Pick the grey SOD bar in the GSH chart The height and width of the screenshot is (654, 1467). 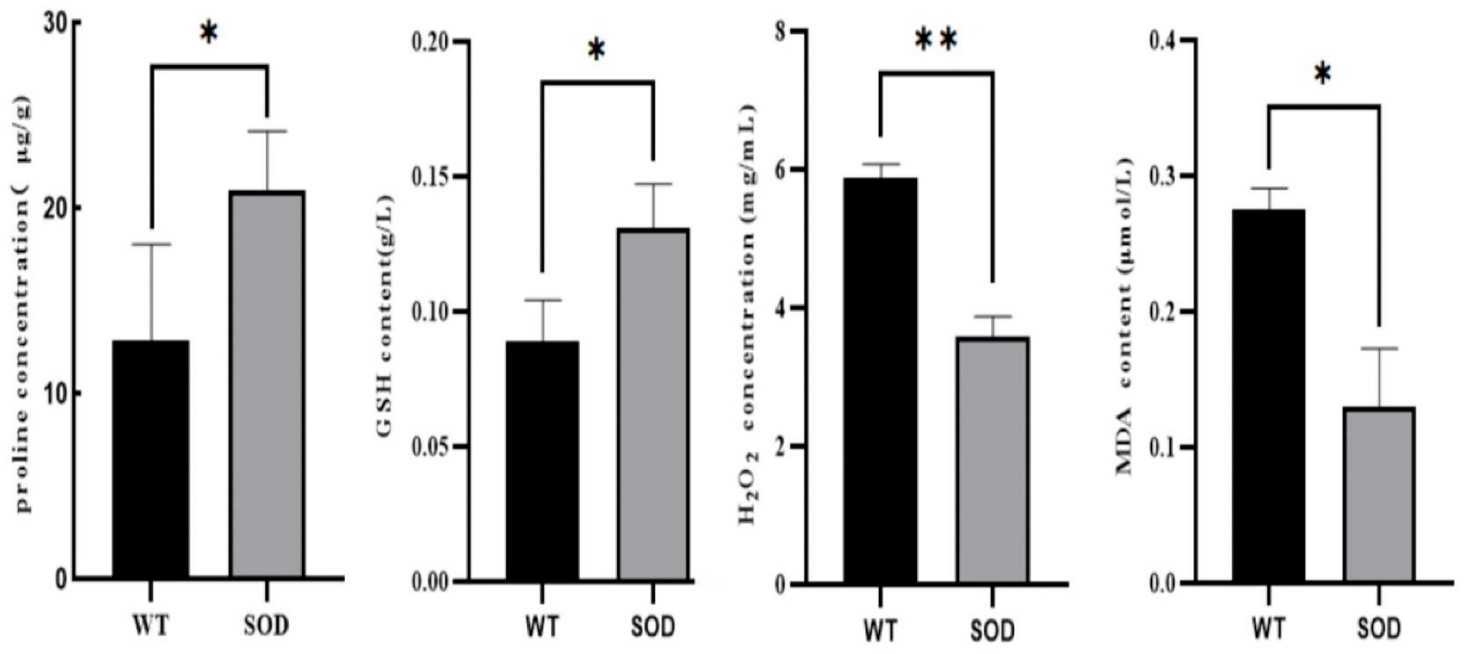point(654,405)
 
